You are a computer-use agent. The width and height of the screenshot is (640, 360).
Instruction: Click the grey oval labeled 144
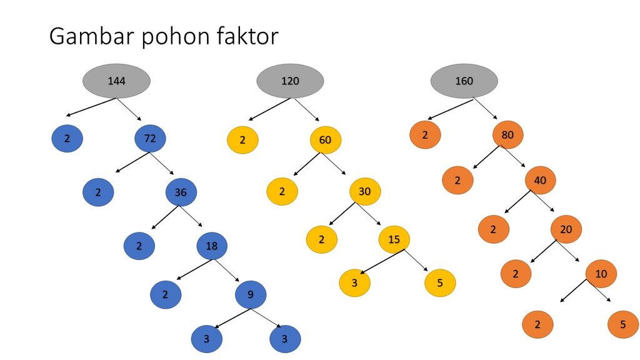click(x=116, y=81)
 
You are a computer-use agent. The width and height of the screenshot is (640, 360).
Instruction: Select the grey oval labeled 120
click(x=290, y=81)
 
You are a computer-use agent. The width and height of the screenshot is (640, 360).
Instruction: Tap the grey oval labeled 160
click(x=464, y=81)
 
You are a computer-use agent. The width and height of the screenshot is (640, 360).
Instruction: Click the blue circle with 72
click(x=150, y=139)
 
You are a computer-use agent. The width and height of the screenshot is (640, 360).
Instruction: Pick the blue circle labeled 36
click(x=181, y=192)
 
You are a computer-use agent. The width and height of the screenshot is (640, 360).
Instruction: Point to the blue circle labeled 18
click(x=212, y=246)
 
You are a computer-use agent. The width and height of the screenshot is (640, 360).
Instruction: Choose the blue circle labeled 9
click(x=251, y=294)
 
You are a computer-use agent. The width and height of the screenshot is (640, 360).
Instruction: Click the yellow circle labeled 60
click(x=325, y=139)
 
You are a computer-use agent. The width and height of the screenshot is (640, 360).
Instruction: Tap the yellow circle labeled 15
click(x=394, y=239)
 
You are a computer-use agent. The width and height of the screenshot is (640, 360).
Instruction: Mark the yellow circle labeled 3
click(x=354, y=282)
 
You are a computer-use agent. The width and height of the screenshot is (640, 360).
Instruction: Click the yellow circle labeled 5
click(x=440, y=282)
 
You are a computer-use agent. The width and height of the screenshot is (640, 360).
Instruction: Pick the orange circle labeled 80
click(x=507, y=134)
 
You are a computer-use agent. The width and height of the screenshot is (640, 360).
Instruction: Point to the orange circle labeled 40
click(x=540, y=181)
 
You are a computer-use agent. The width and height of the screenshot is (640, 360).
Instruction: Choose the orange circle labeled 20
click(x=566, y=229)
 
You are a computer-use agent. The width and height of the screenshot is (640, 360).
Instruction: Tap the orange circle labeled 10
click(x=601, y=274)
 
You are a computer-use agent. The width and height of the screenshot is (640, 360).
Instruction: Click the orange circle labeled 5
click(x=623, y=325)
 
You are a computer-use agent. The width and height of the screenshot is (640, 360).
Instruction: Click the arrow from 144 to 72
click(x=129, y=109)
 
